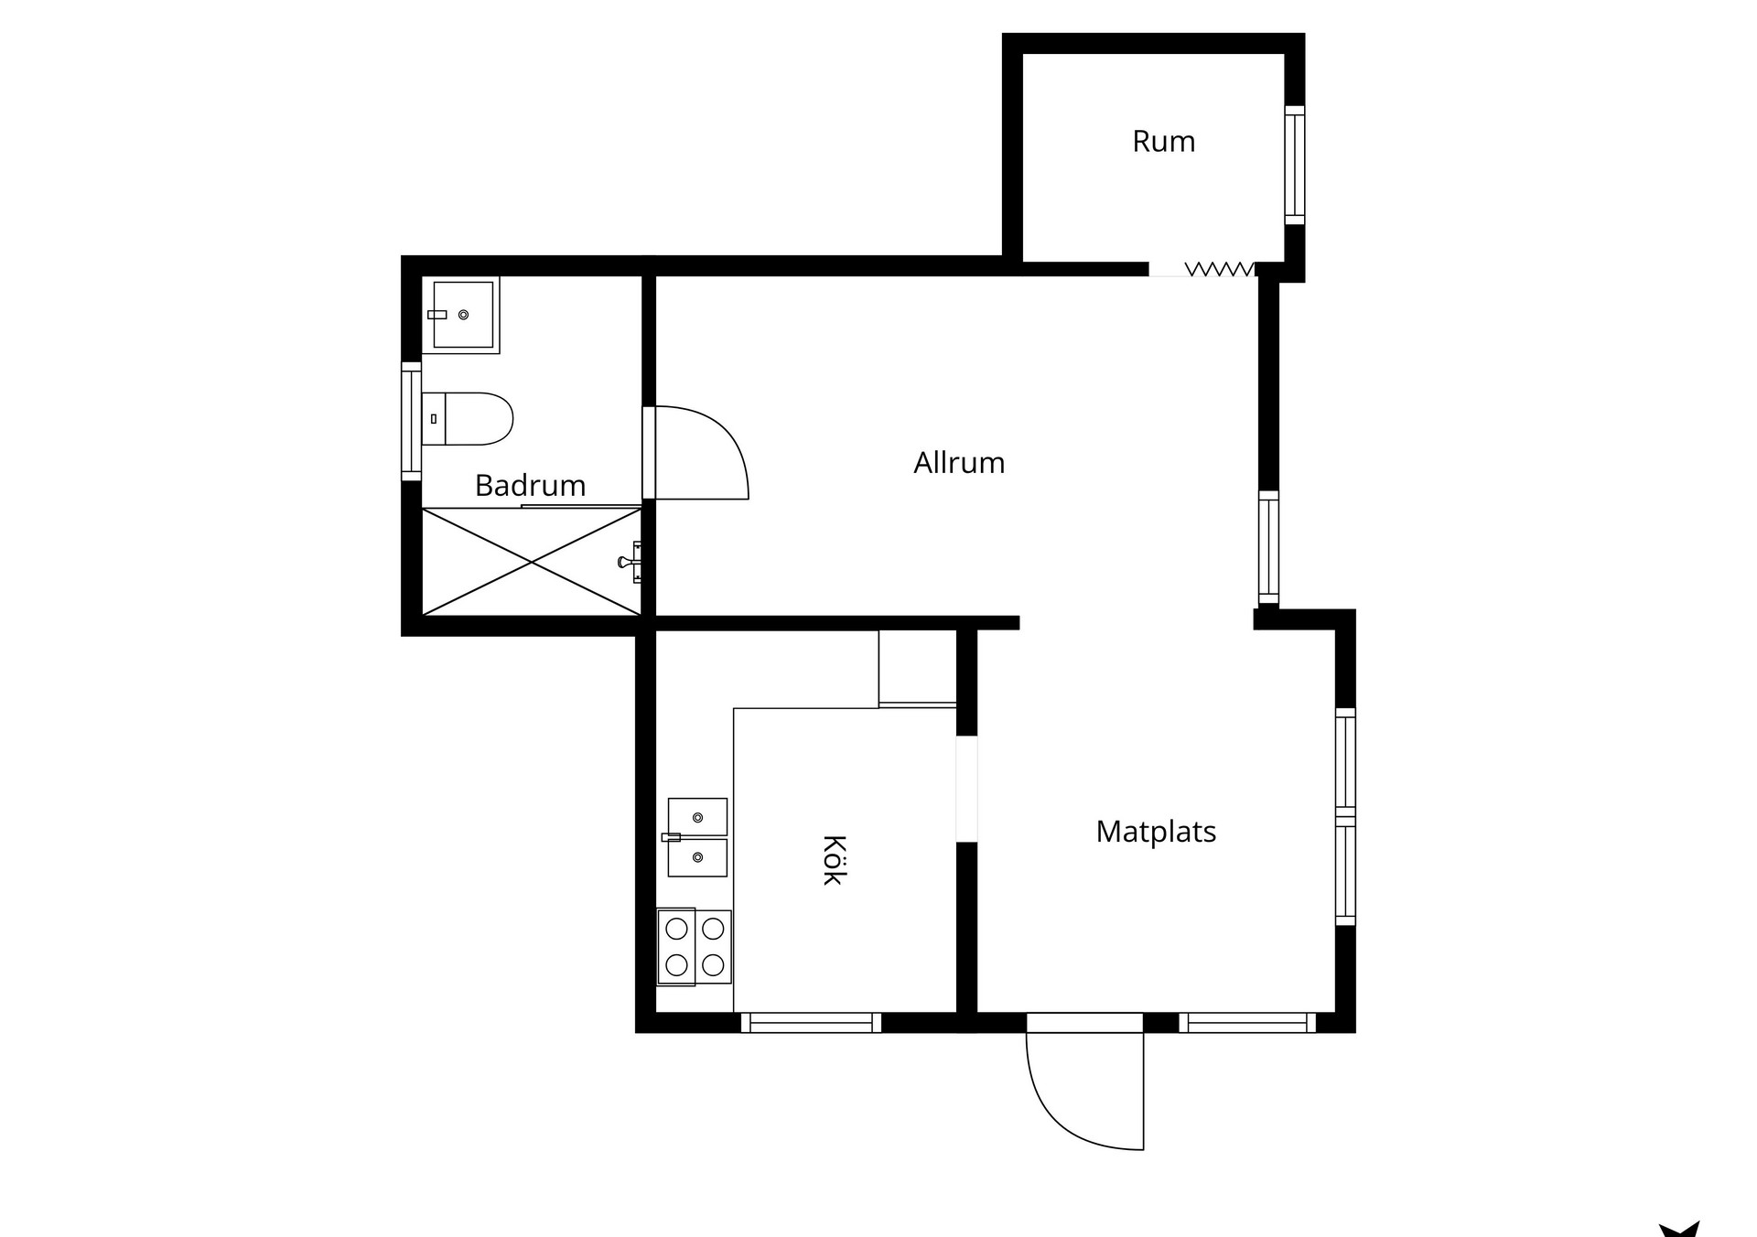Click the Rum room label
click(x=1163, y=142)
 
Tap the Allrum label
click(x=959, y=463)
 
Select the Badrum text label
click(x=530, y=485)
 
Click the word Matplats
click(x=1156, y=832)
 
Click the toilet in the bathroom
click(x=467, y=419)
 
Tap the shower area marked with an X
click(x=532, y=562)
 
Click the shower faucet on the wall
click(x=631, y=562)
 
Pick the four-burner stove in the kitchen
click(x=695, y=946)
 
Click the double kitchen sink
click(x=697, y=837)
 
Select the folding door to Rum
click(x=1220, y=269)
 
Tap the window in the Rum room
click(x=1294, y=165)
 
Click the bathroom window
click(x=412, y=421)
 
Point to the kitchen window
click(x=811, y=1023)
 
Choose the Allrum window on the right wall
click(x=1268, y=548)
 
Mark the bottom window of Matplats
click(x=1247, y=1023)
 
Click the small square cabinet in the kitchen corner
click(x=918, y=668)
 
